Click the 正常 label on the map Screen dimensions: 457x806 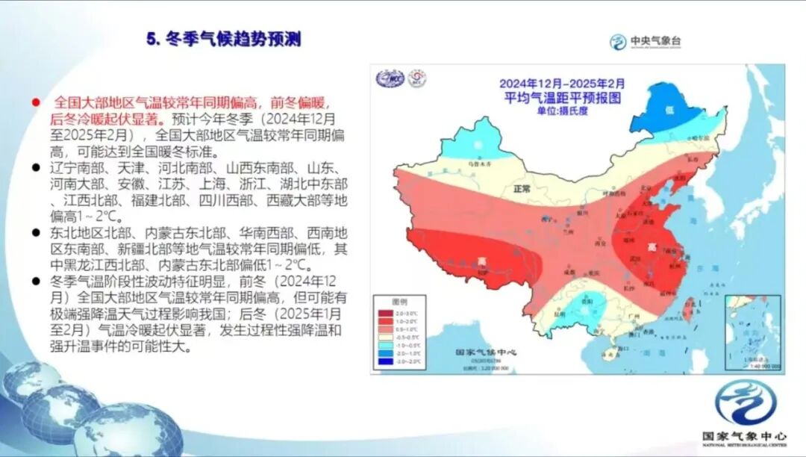point(520,190)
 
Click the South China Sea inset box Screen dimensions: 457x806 point(752,332)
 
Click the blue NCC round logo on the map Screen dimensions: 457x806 point(390,78)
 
